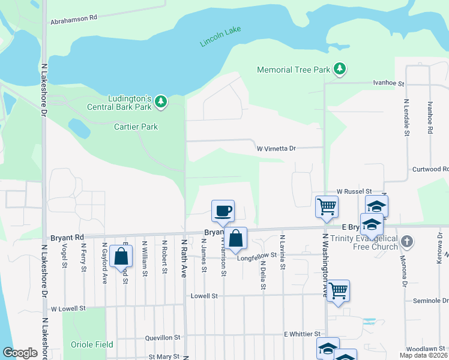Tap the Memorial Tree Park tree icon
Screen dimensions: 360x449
click(340, 69)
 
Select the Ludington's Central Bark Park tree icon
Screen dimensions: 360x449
click(160, 103)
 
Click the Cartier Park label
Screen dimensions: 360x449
click(136, 127)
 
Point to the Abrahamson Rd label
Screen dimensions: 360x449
click(74, 18)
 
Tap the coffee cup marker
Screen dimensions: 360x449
click(223, 211)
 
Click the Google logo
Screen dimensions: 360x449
click(20, 353)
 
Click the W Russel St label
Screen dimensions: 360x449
click(354, 191)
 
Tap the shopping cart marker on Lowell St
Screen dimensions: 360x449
click(339, 291)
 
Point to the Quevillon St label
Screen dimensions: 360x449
click(163, 338)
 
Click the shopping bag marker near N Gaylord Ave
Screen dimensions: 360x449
click(121, 256)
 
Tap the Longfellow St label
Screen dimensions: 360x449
click(259, 259)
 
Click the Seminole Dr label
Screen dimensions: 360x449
click(430, 301)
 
